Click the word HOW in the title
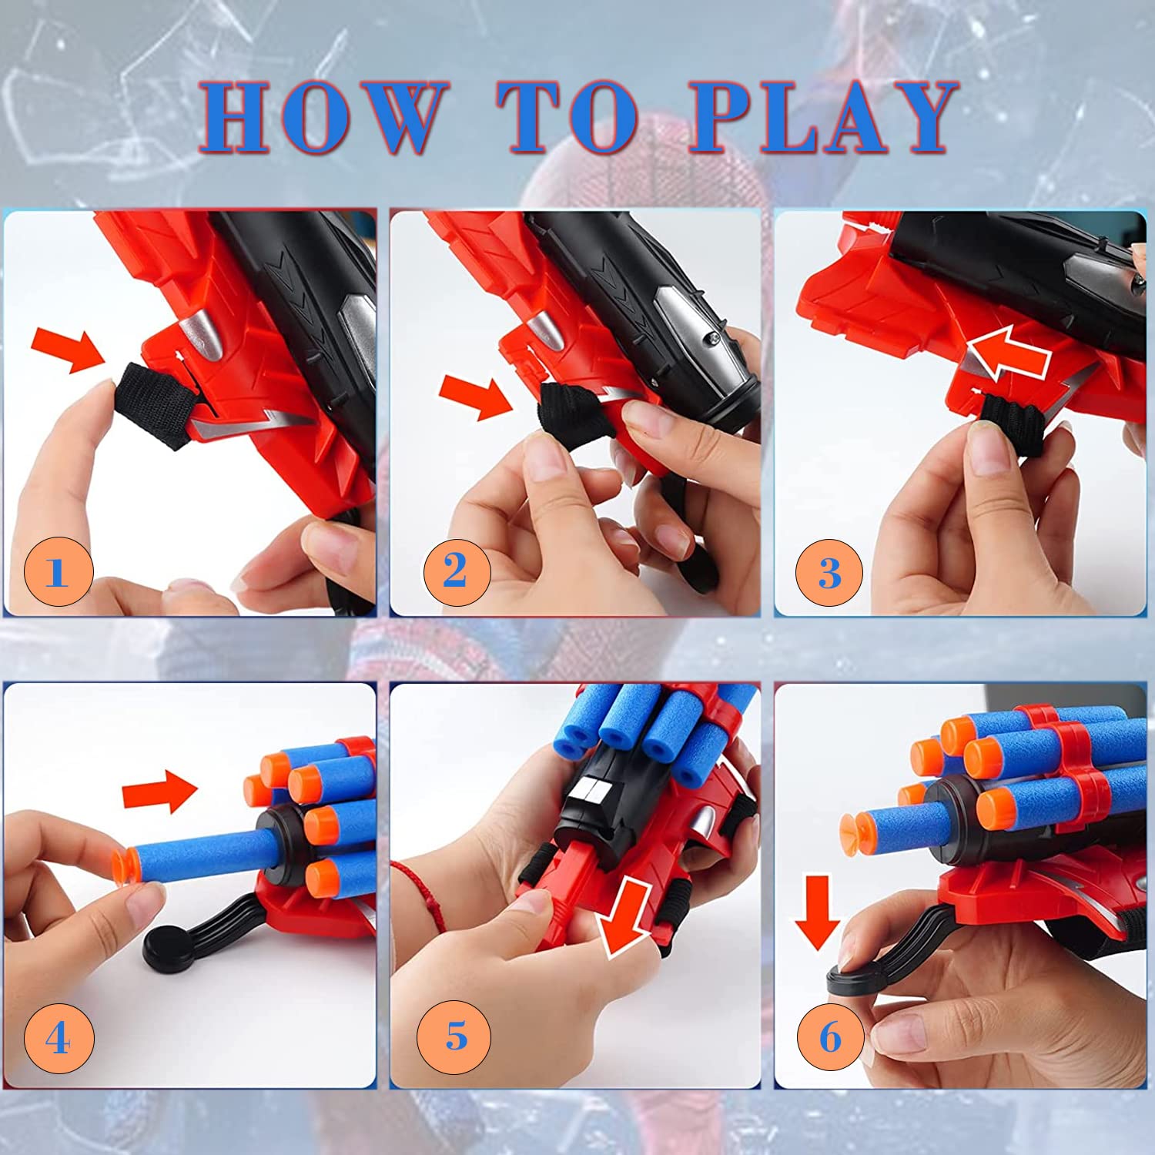[x=323, y=117]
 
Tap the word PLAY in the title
[x=822, y=117]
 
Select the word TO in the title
[x=567, y=117]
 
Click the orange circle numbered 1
[x=59, y=571]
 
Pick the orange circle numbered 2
[x=457, y=571]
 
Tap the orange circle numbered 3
[x=829, y=573]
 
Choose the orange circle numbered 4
[x=59, y=1038]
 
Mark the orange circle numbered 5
[x=454, y=1036]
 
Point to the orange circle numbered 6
[x=830, y=1037]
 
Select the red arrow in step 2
[x=475, y=397]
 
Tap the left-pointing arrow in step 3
[x=1009, y=357]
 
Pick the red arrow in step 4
[x=160, y=792]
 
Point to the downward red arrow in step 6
[x=817, y=912]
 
